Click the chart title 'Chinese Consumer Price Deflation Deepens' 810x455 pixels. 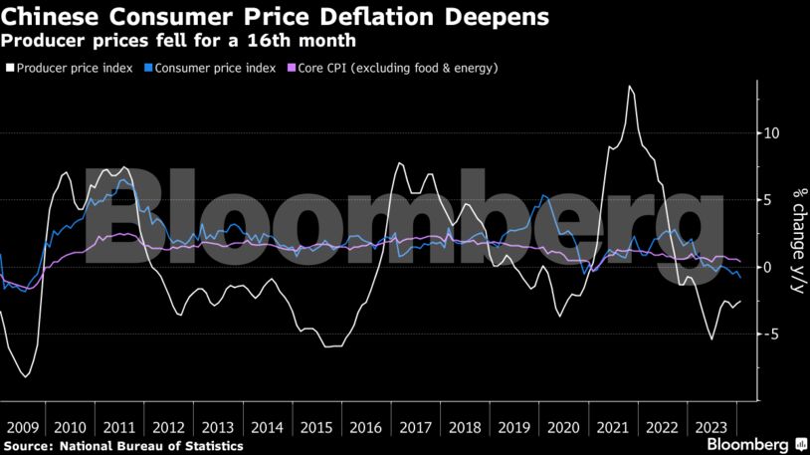pyautogui.click(x=275, y=17)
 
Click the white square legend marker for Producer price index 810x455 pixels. pyautogui.click(x=11, y=69)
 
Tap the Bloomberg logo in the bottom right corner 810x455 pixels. pyautogui.click(x=751, y=443)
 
